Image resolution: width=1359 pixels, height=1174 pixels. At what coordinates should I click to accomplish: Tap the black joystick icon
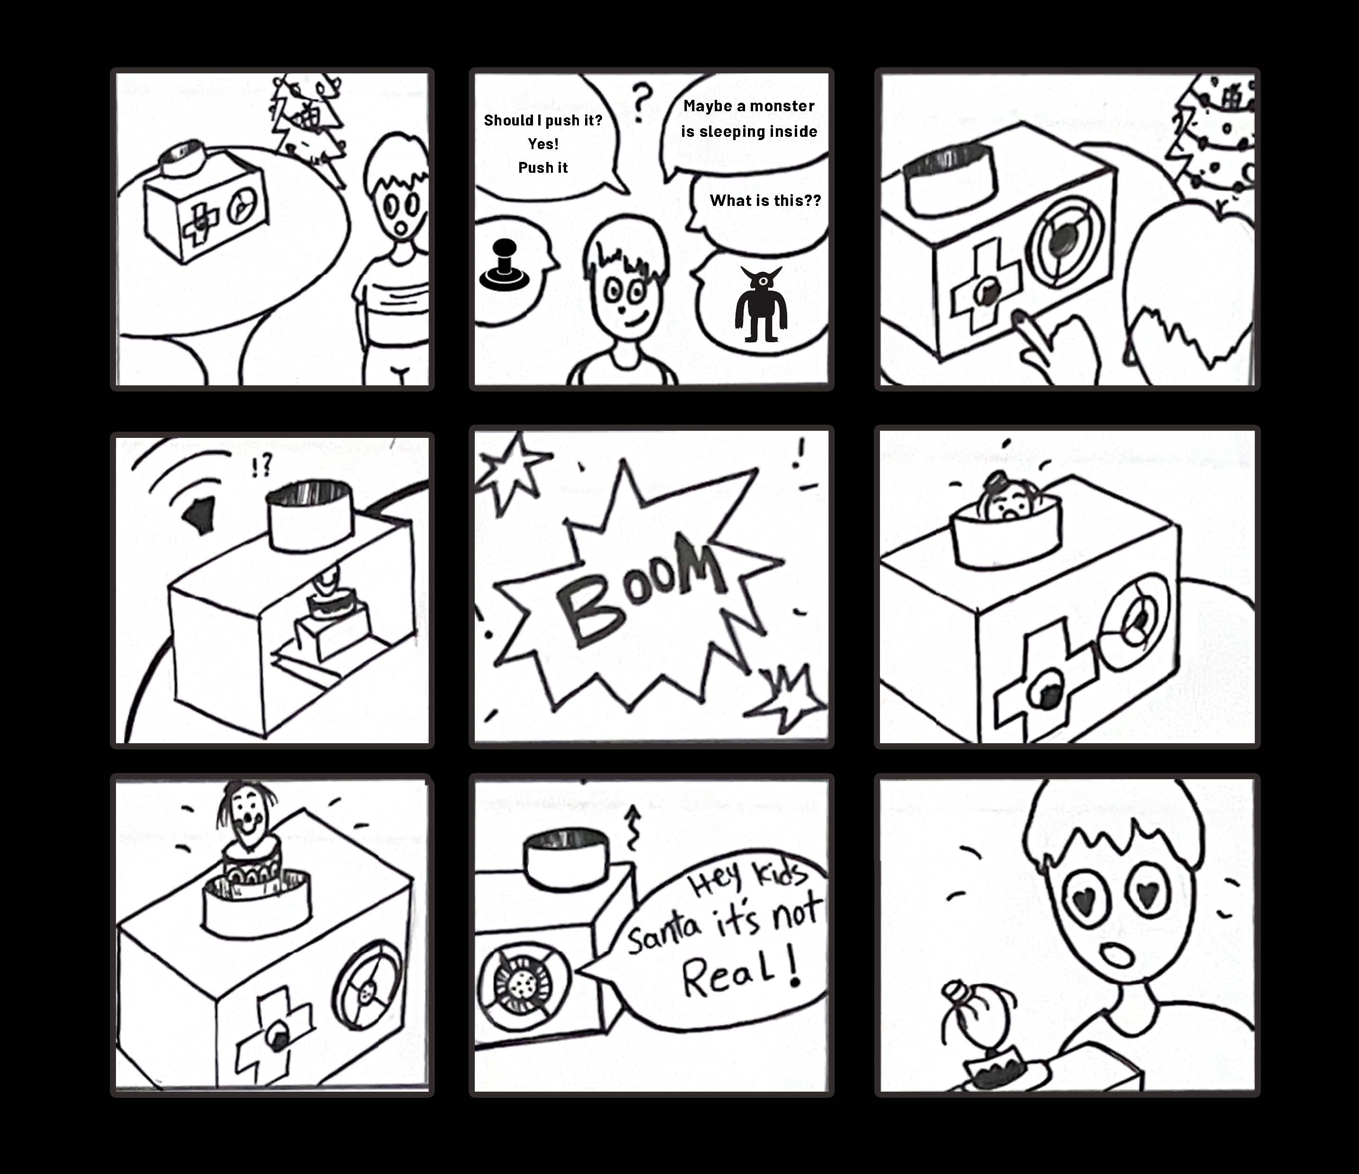[x=504, y=266]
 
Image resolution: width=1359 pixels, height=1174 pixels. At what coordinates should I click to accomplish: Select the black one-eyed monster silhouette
[x=761, y=303]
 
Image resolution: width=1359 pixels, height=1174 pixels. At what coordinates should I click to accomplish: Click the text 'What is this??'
[x=765, y=201]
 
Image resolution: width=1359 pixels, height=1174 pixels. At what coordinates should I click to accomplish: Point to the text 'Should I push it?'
[x=543, y=120]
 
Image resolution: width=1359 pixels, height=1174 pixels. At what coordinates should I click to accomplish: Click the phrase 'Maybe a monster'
[x=749, y=106]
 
